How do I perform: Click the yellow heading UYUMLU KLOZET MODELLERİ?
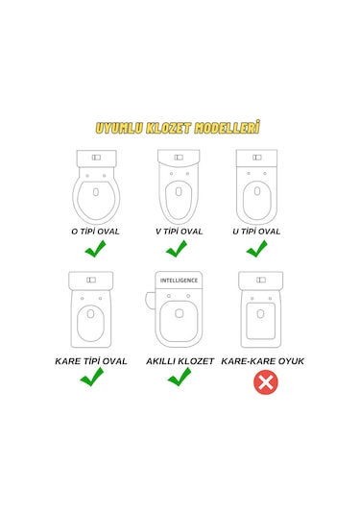click(x=178, y=127)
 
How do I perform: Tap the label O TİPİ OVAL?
click(x=95, y=232)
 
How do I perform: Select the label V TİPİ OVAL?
click(x=179, y=232)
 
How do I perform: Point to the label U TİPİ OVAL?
click(x=256, y=232)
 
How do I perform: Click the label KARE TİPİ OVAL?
click(x=91, y=361)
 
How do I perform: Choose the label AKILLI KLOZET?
click(x=180, y=361)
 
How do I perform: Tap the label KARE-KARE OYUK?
click(x=262, y=361)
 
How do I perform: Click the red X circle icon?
click(x=266, y=382)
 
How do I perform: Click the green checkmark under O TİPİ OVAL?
click(x=95, y=249)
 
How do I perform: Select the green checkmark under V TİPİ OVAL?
click(x=177, y=249)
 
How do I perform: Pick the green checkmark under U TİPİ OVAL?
click(x=257, y=249)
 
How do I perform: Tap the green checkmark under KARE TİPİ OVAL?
click(x=92, y=377)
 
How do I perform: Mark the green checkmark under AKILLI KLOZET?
click(x=180, y=377)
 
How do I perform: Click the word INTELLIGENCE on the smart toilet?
click(x=179, y=281)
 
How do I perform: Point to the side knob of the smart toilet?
click(x=150, y=301)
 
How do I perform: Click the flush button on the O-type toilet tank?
click(x=96, y=158)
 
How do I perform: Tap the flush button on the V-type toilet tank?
click(x=179, y=158)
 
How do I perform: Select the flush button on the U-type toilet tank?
click(x=257, y=158)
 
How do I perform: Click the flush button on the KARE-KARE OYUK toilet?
click(x=261, y=280)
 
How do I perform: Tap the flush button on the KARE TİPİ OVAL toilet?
click(x=91, y=280)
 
